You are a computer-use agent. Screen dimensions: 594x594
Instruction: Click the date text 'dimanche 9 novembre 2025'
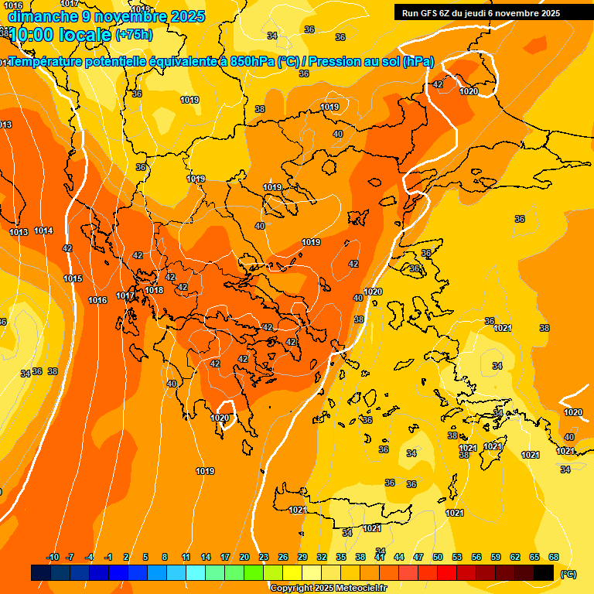point(106,16)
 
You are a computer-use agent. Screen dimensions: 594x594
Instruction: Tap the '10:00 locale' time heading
point(60,34)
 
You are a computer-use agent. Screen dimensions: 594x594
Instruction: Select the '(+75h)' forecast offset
point(134,35)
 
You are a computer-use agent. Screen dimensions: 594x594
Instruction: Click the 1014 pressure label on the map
point(43,230)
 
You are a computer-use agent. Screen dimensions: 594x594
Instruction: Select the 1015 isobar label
point(73,278)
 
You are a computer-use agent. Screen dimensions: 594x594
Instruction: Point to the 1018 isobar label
point(155,290)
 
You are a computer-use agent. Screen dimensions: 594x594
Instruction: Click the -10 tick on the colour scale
point(53,557)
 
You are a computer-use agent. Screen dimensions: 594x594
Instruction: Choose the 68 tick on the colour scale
point(554,557)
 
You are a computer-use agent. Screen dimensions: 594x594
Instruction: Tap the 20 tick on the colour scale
point(244,557)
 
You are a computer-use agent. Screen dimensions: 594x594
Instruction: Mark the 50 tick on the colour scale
point(438,557)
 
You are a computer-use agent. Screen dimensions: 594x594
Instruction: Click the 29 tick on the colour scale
point(302,557)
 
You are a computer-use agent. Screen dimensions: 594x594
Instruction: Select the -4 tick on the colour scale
point(89,557)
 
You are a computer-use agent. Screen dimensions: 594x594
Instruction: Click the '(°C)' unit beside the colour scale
point(568,573)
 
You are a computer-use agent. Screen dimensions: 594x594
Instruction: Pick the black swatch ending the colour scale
point(544,572)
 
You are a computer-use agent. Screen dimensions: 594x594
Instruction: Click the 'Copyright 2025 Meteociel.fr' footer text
point(328,588)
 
